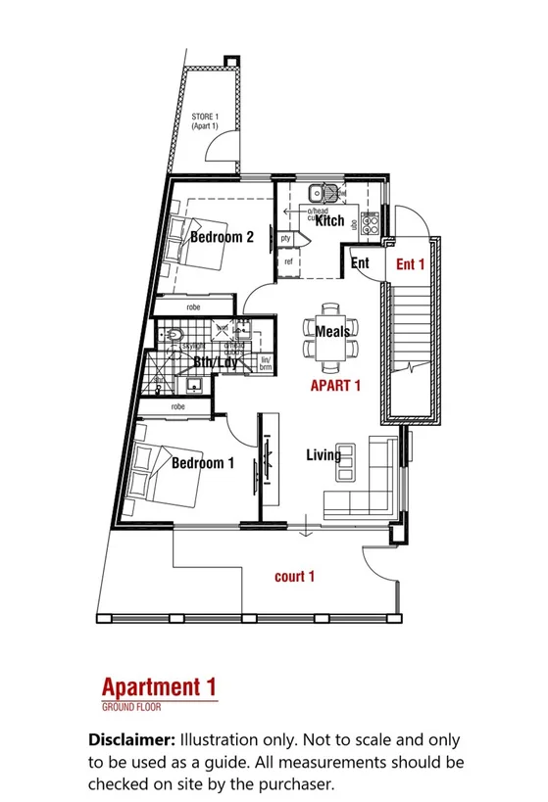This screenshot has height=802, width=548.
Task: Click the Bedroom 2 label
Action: click(x=223, y=237)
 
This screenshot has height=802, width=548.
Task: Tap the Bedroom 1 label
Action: click(x=203, y=463)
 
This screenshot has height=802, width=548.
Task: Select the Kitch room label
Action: click(x=329, y=221)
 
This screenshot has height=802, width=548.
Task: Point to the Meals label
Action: click(x=333, y=333)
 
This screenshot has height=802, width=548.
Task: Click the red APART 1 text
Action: click(x=335, y=386)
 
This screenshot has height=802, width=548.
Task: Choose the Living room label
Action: click(x=324, y=455)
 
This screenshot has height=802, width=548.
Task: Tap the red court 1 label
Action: click(x=294, y=577)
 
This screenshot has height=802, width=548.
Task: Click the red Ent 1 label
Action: click(x=410, y=263)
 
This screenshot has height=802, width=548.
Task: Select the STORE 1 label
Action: click(x=205, y=122)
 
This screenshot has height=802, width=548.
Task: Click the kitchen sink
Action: click(x=322, y=194)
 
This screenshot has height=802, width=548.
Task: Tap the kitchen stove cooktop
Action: click(x=371, y=221)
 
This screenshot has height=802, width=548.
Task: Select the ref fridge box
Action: click(x=289, y=262)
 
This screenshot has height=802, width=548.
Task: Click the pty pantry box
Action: click(x=286, y=238)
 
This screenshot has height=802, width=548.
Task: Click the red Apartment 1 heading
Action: click(x=159, y=686)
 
